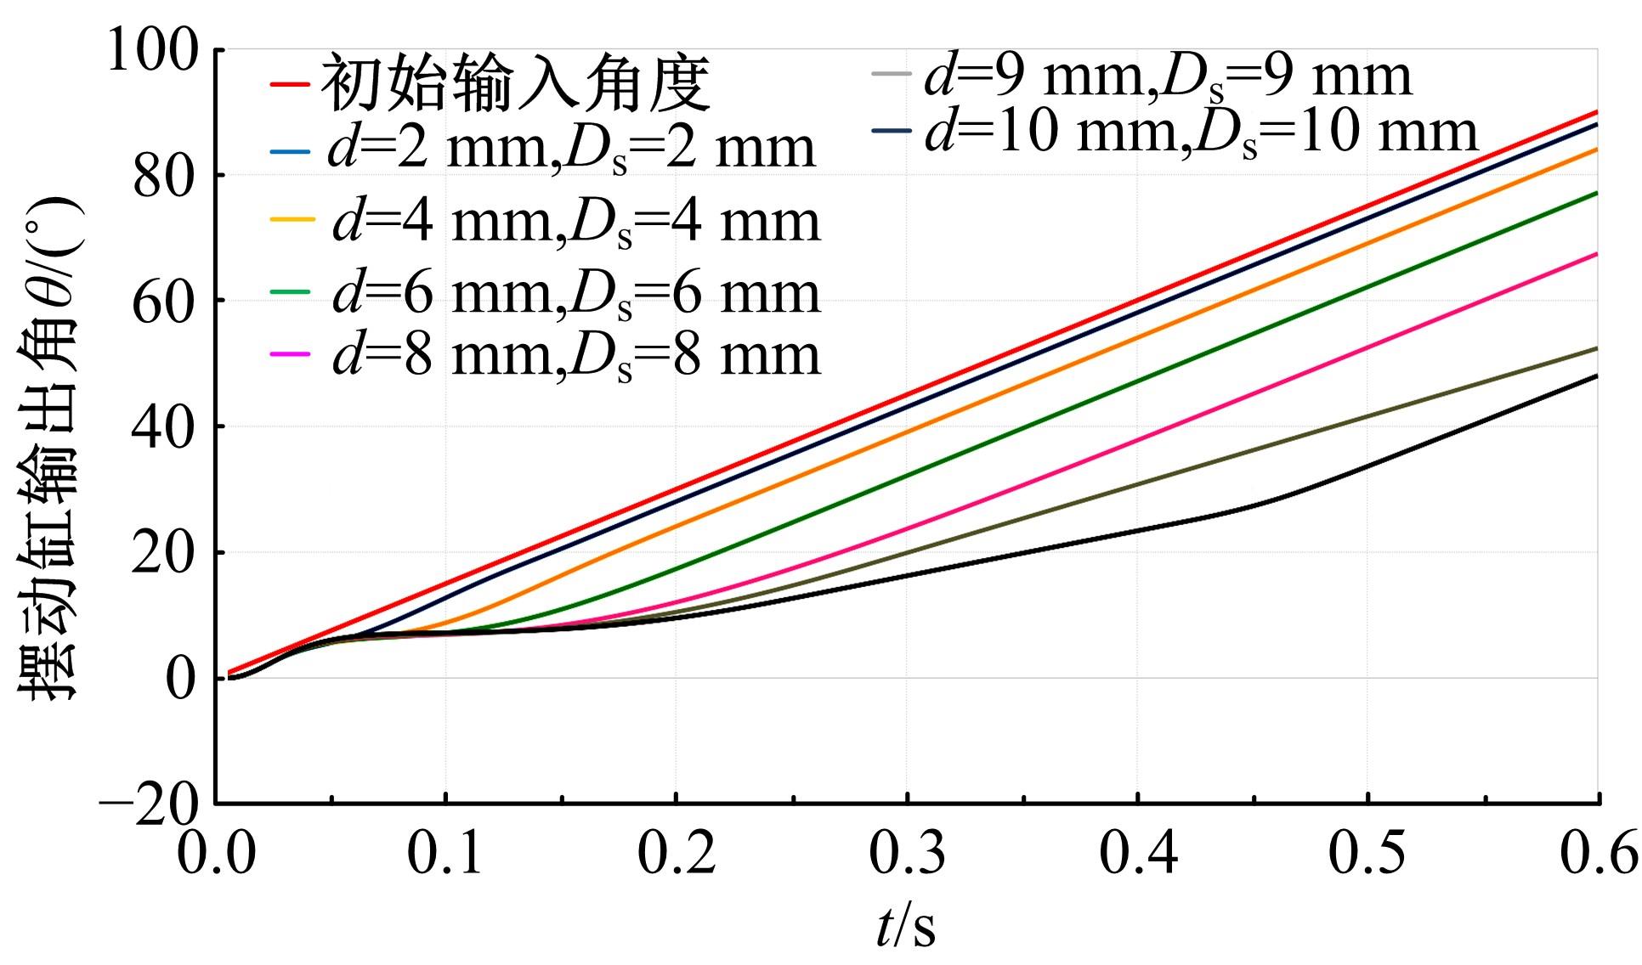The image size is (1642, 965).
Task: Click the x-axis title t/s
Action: (906, 926)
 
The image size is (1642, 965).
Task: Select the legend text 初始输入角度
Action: (515, 84)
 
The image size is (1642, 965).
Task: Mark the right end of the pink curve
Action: (1597, 254)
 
